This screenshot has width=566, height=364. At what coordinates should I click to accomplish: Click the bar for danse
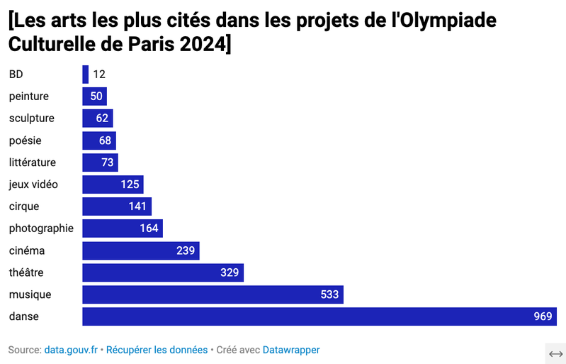[x=319, y=316]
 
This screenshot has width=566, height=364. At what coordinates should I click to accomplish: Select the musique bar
[x=213, y=294]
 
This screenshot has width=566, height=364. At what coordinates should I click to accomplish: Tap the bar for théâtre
[x=163, y=272]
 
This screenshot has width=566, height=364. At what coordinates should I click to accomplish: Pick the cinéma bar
[x=140, y=250]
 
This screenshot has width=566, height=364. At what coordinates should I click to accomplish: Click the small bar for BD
[x=86, y=75]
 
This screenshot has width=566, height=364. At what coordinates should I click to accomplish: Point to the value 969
[x=543, y=316]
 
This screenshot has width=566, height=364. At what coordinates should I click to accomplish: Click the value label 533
[x=329, y=294]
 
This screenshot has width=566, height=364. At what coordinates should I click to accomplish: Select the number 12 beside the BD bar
[x=99, y=75]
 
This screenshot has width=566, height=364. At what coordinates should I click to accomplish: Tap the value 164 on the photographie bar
[x=149, y=228]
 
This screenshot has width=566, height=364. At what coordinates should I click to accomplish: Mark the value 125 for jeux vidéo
[x=130, y=184]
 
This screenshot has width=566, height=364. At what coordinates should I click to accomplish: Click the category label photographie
[x=41, y=228]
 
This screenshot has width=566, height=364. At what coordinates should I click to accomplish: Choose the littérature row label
[x=32, y=162]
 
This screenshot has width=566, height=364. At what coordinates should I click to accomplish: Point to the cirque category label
[x=24, y=206]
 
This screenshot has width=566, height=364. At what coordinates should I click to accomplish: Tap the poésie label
[x=25, y=140]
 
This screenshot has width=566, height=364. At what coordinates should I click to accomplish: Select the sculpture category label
[x=31, y=118]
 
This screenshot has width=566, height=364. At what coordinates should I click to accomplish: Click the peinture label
[x=28, y=96]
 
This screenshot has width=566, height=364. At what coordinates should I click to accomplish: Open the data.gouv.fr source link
[x=71, y=350]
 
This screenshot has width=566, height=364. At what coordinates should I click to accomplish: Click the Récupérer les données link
[x=157, y=350]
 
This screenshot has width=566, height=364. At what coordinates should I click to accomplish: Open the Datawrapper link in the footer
[x=290, y=350]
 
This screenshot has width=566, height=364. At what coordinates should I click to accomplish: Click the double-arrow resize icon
[x=555, y=353]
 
